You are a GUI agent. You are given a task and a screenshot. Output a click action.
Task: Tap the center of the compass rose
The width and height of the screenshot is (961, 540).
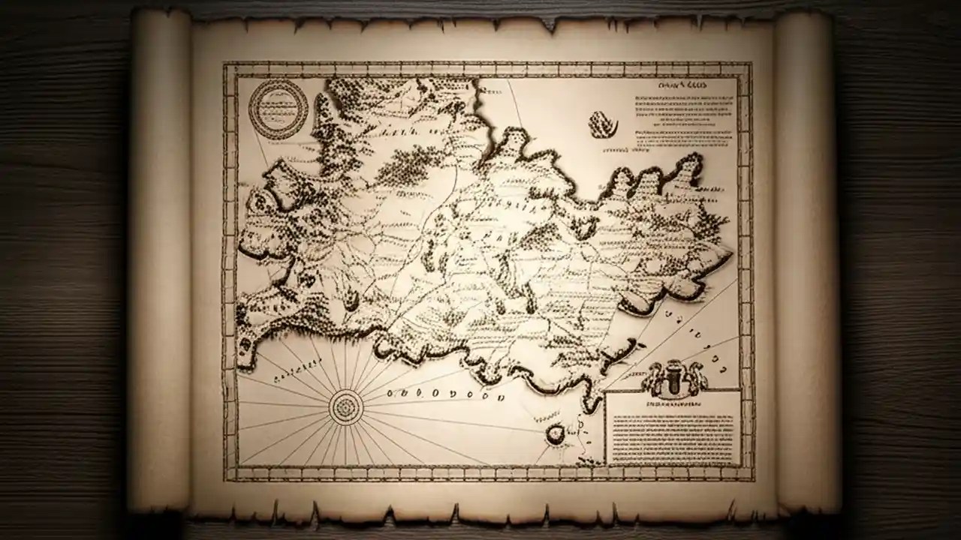(x=346, y=407)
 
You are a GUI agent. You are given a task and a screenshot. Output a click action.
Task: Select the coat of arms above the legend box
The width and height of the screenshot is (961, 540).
(x=674, y=377)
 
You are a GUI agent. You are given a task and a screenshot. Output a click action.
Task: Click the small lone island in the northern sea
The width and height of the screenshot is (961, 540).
(x=603, y=124)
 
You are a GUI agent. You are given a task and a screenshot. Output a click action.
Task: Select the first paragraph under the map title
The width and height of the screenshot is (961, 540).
(x=683, y=109)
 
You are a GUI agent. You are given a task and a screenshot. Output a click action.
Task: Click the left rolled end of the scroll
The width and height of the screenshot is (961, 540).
(x=159, y=262)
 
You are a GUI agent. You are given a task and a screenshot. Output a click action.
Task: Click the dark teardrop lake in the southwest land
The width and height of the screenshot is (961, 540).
(x=351, y=300)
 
